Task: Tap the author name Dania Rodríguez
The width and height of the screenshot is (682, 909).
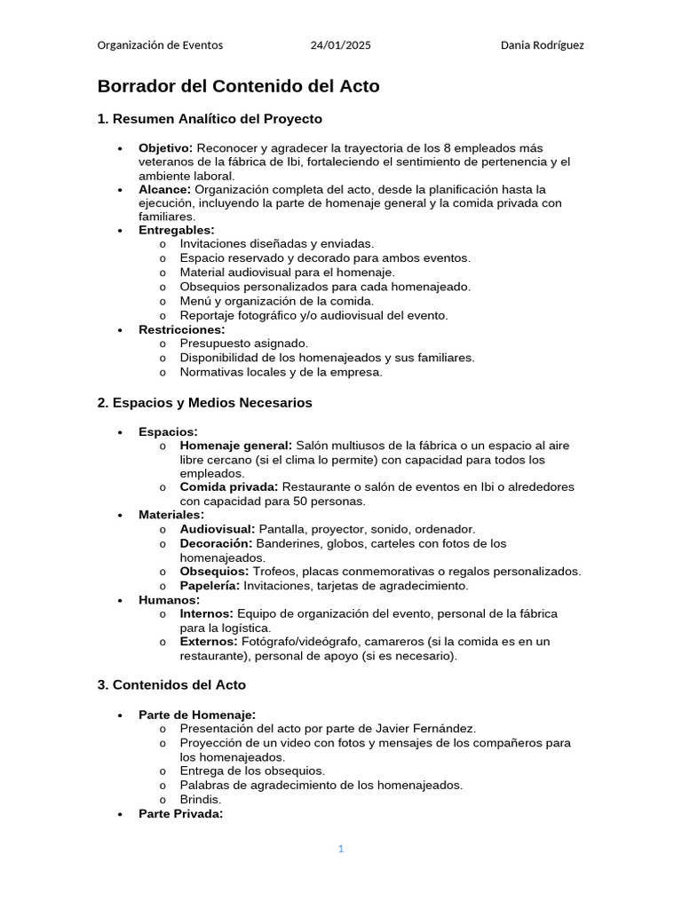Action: coord(542,45)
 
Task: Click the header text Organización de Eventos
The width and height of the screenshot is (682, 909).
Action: coord(160,45)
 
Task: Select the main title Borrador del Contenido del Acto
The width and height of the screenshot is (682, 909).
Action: coord(238,86)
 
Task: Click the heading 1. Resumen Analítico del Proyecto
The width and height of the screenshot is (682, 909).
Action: coord(209,119)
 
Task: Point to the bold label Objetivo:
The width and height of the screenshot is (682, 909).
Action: coord(165,147)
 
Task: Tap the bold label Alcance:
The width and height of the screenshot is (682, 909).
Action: coord(164,189)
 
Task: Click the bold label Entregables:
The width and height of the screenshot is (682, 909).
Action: coord(176,230)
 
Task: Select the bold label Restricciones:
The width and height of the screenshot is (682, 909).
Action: coord(181,329)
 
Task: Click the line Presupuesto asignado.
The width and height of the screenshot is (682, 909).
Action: coord(244,344)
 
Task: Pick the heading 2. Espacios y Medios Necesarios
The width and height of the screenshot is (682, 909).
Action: coord(204,403)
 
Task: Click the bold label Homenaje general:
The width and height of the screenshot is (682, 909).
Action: coord(235,445)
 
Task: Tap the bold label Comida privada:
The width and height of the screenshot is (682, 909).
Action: coord(229,487)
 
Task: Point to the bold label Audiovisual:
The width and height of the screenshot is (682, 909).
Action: coord(217,529)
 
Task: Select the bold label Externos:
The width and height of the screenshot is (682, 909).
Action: coord(208,642)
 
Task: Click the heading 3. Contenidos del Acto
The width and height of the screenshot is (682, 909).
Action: coord(170,685)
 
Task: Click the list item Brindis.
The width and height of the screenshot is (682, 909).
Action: coord(201,800)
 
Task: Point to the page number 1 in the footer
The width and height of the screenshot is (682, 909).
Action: coord(340,850)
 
